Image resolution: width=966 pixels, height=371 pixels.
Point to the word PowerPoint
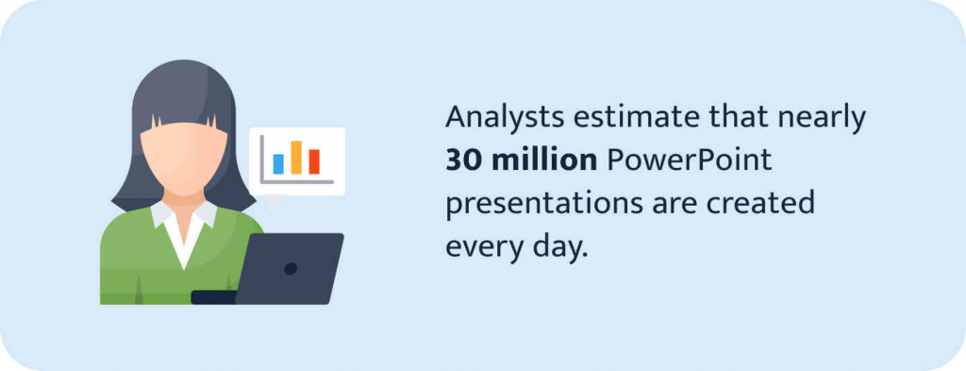tap(688, 161)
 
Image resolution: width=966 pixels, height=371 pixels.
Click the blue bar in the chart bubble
tap(278, 164)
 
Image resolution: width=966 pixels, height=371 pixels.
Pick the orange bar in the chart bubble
tap(296, 158)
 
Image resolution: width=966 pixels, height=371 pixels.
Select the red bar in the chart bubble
tap(314, 161)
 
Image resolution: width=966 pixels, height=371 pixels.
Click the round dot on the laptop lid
tap(291, 268)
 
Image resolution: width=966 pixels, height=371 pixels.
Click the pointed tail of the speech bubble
tap(275, 202)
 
